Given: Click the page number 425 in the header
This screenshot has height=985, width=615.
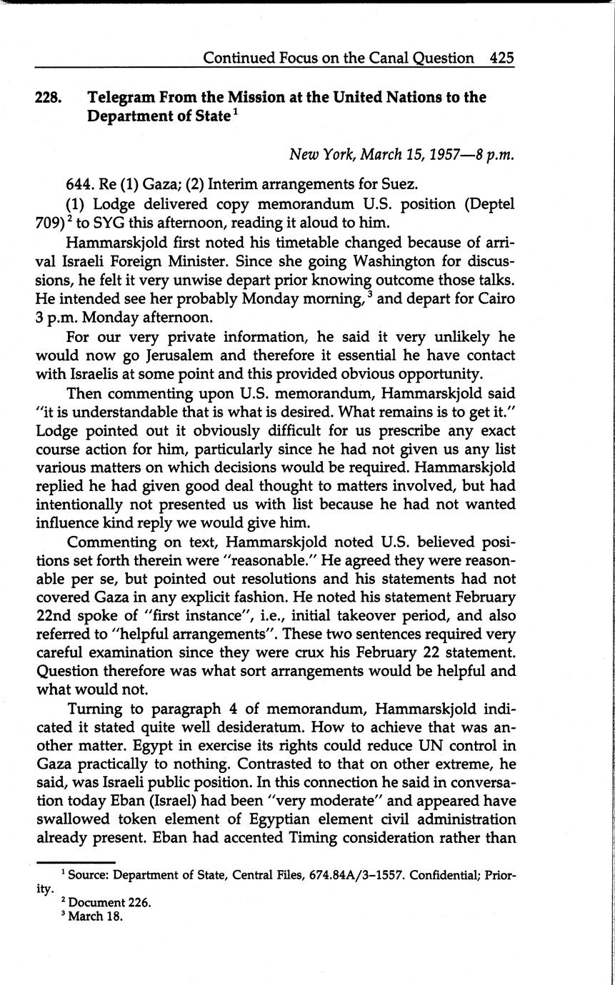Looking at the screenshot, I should pyautogui.click(x=502, y=58).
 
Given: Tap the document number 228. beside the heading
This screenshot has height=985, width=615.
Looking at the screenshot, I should pyautogui.click(x=49, y=98).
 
